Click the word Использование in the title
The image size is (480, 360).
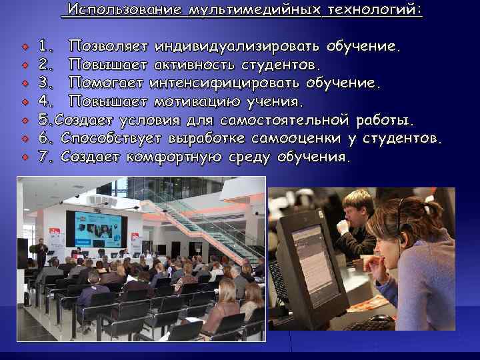(x=125, y=10)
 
